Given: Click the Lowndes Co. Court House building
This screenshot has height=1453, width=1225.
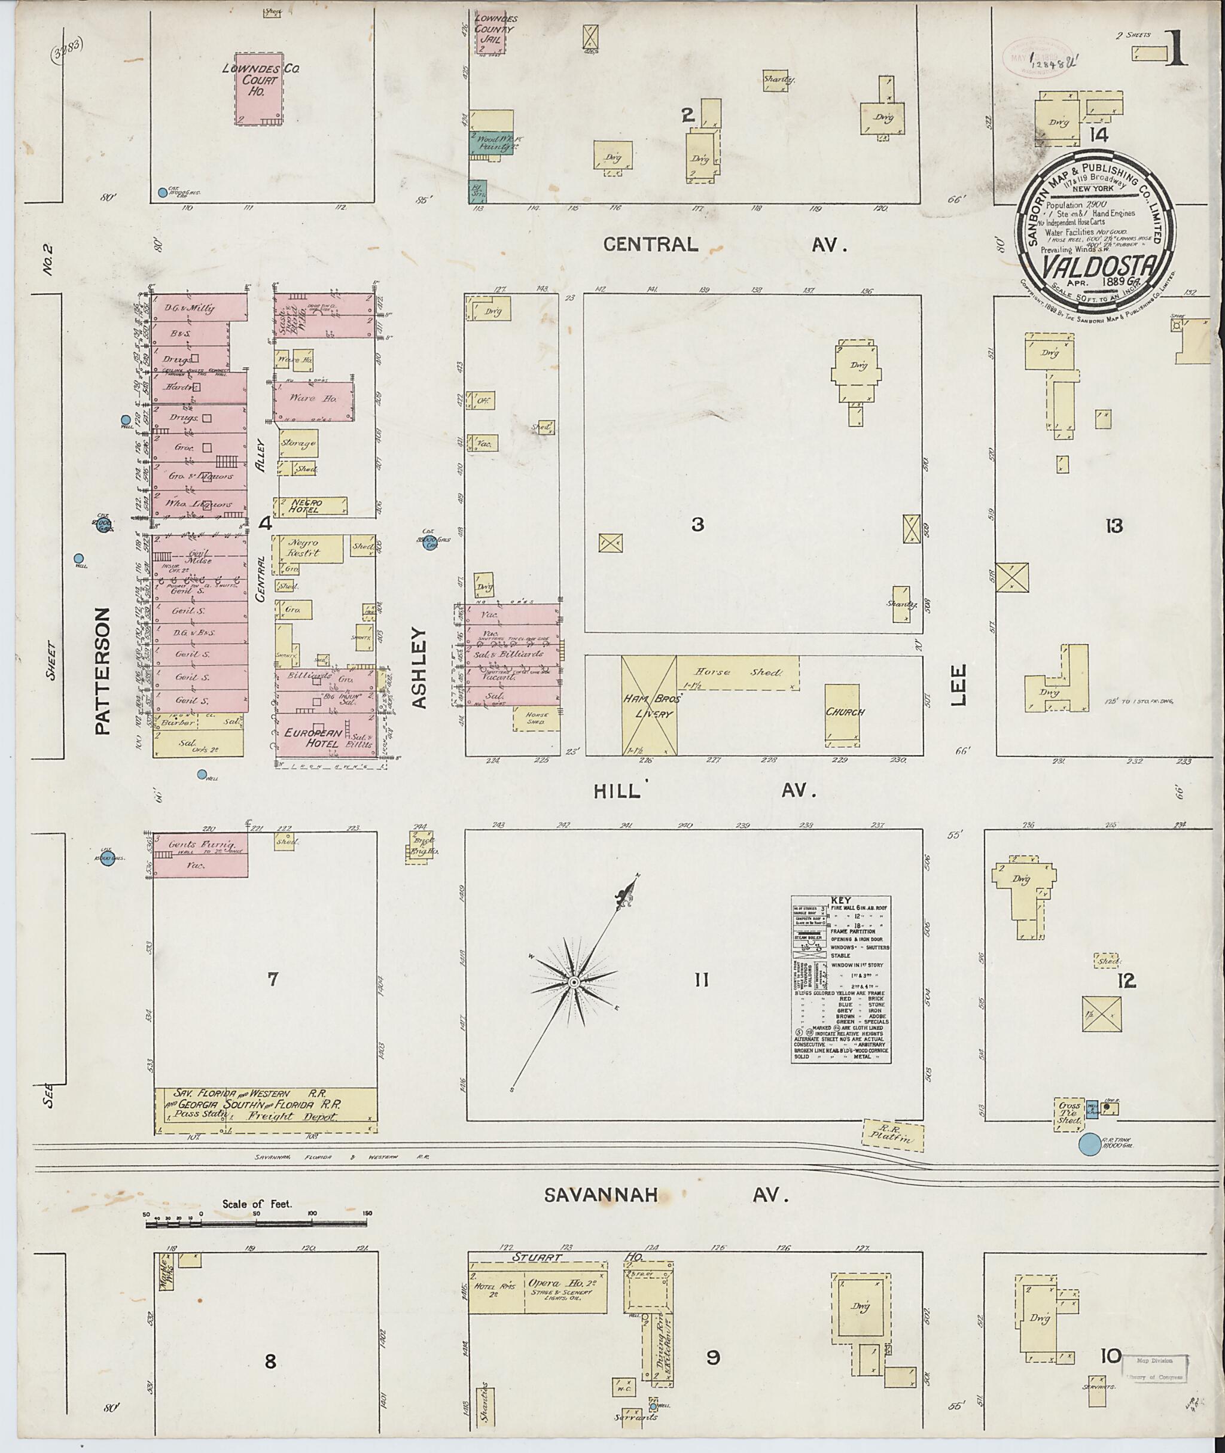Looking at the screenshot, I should pyautogui.click(x=258, y=90).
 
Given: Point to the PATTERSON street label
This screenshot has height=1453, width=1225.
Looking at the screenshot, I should pyautogui.click(x=103, y=671).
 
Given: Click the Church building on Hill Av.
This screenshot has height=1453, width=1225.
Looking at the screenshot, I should pyautogui.click(x=844, y=712).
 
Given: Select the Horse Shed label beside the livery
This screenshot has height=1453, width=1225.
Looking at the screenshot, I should pyautogui.click(x=738, y=673).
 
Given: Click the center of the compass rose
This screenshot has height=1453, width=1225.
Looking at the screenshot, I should pyautogui.click(x=574, y=983).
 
